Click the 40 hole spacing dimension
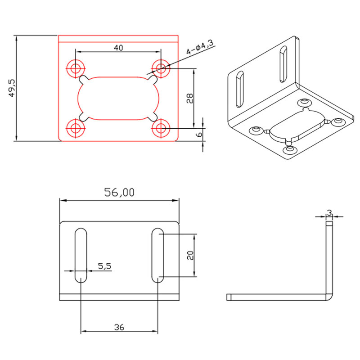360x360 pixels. [x=118, y=47]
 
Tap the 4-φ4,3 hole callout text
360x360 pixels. [x=200, y=46]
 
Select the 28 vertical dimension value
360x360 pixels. [x=189, y=98]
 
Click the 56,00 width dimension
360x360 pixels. [x=119, y=193]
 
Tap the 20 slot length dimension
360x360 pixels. [x=189, y=255]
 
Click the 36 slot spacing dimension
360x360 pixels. [x=119, y=328]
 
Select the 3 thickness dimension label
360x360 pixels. [x=329, y=212]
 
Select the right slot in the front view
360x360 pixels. [x=157, y=255]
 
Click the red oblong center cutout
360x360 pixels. [x=118, y=98]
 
